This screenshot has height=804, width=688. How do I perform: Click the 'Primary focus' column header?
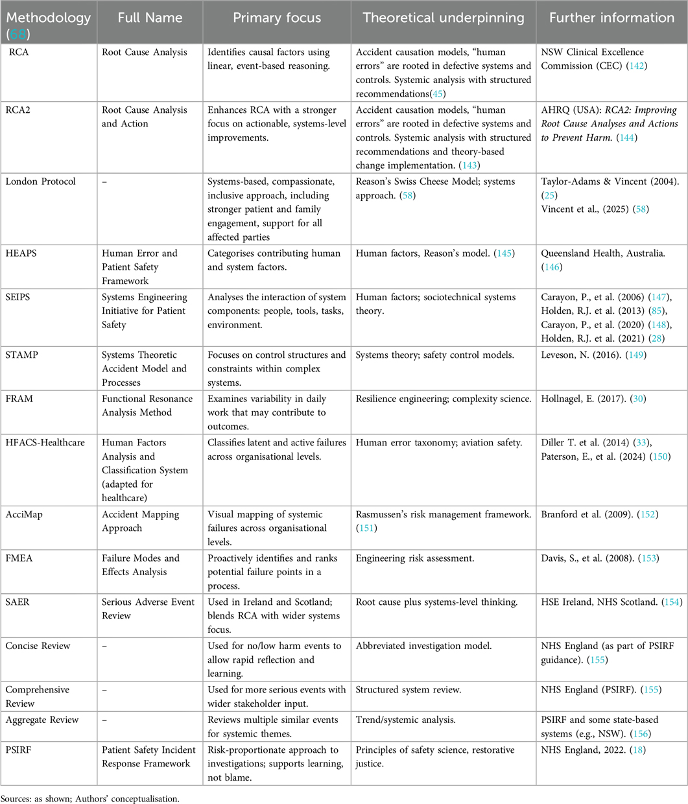(277, 18)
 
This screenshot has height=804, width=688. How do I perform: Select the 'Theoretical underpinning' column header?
(444, 18)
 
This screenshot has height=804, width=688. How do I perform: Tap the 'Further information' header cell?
(611, 18)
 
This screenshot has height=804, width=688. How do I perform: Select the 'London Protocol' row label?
(40, 182)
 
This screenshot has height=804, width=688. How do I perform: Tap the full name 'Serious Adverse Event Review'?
(148, 608)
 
